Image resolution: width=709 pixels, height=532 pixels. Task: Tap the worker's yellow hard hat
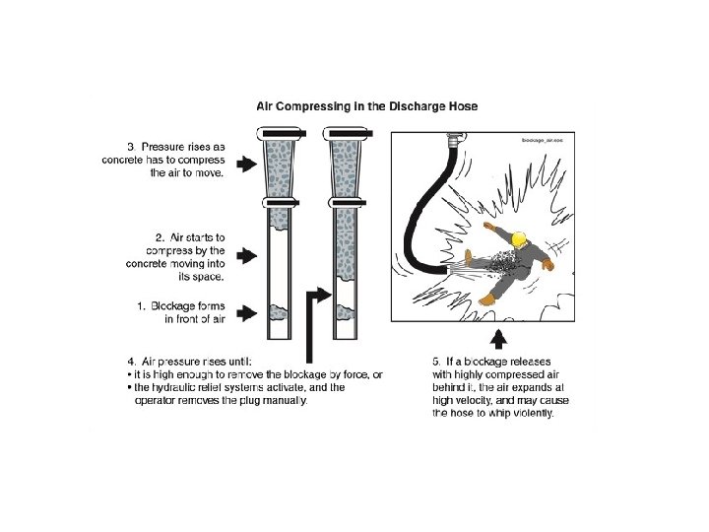coord(519,238)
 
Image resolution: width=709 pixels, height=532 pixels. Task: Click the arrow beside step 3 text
coord(246,164)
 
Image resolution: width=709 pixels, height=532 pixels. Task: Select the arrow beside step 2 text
coord(246,255)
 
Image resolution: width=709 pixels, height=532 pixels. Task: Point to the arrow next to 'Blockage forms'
coord(246,313)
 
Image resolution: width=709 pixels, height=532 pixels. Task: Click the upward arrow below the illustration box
coord(498,339)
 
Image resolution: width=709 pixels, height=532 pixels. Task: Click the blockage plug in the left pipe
coord(279,312)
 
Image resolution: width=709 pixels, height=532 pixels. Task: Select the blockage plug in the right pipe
coord(346,311)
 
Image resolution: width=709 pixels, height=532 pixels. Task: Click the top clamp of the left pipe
coord(282,133)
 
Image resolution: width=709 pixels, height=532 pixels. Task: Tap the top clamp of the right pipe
coord(348,133)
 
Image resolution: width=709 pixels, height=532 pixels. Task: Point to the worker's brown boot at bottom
coord(488,299)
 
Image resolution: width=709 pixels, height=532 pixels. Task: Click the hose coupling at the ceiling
coord(454,139)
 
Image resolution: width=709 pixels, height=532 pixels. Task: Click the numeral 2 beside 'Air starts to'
coord(160,237)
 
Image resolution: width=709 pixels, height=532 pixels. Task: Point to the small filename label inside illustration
coord(543,140)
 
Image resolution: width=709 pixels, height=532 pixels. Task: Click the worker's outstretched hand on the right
coord(548,264)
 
